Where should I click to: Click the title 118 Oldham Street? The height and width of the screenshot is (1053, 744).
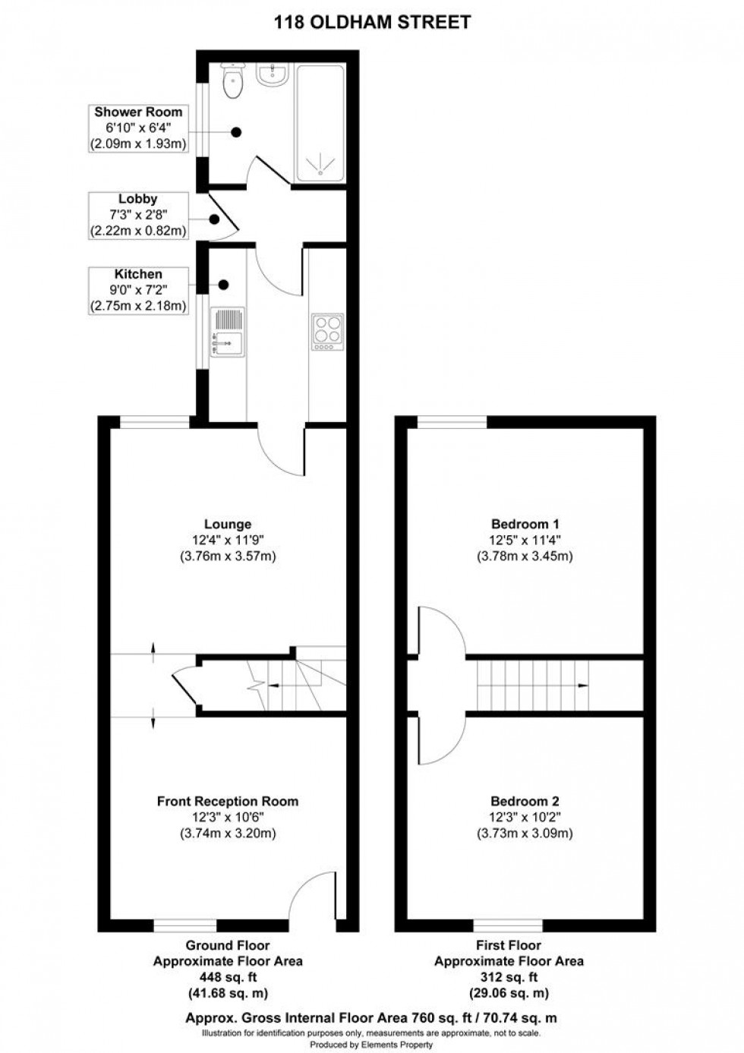point(372,22)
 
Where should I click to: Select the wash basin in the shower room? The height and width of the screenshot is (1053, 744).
point(273,74)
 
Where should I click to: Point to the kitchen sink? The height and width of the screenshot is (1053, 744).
point(227,333)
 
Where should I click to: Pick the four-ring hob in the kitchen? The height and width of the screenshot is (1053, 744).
point(327,333)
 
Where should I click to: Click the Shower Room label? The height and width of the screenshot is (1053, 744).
point(138,112)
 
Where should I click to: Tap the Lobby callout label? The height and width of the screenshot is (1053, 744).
point(138,199)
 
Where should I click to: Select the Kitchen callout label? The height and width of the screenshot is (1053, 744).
point(138,274)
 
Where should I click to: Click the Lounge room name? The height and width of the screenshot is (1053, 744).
point(227,524)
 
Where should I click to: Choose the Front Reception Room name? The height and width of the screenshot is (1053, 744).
point(227,801)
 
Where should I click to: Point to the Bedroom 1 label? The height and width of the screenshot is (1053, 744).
point(525,524)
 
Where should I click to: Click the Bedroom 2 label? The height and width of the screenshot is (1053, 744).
point(525,801)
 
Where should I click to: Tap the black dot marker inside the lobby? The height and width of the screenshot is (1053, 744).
point(215,220)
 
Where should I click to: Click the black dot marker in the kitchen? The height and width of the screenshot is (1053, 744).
point(224,285)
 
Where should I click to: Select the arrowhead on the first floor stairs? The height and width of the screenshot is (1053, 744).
point(583,684)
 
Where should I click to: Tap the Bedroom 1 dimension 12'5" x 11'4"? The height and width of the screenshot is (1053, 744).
point(525,541)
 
